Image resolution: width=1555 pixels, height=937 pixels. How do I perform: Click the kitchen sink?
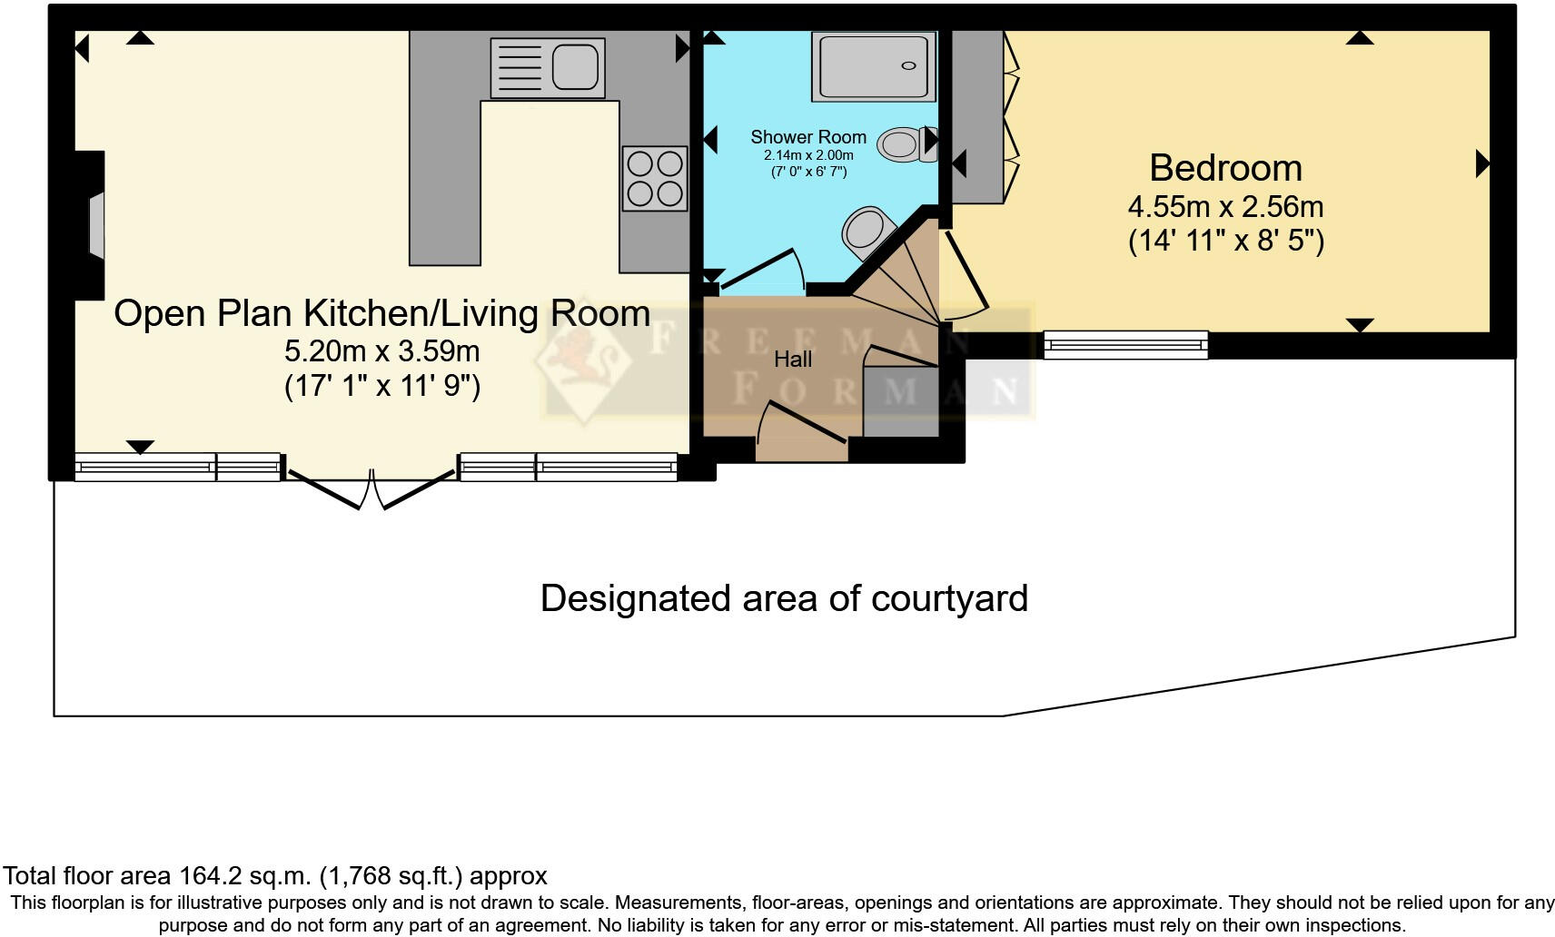[547, 67]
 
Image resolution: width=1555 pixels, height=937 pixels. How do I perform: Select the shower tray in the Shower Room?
[873, 65]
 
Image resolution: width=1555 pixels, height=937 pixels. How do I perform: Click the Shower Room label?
[807, 137]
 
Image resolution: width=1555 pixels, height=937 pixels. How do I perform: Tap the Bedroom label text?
[1225, 168]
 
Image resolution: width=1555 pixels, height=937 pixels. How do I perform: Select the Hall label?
[793, 360]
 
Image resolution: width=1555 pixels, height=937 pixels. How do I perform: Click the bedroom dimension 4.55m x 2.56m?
[1225, 207]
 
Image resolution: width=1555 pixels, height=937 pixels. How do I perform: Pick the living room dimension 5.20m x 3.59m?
[381, 350]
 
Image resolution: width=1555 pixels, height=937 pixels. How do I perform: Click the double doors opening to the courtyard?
[371, 488]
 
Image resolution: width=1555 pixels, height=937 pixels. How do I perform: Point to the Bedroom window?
[1125, 344]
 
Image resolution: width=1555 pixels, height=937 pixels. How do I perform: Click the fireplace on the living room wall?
[94, 224]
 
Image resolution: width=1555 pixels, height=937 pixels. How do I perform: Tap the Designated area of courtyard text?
[784, 598]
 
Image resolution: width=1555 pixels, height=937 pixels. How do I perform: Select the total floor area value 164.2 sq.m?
[243, 876]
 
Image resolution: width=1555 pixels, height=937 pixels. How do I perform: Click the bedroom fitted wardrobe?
[977, 116]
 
